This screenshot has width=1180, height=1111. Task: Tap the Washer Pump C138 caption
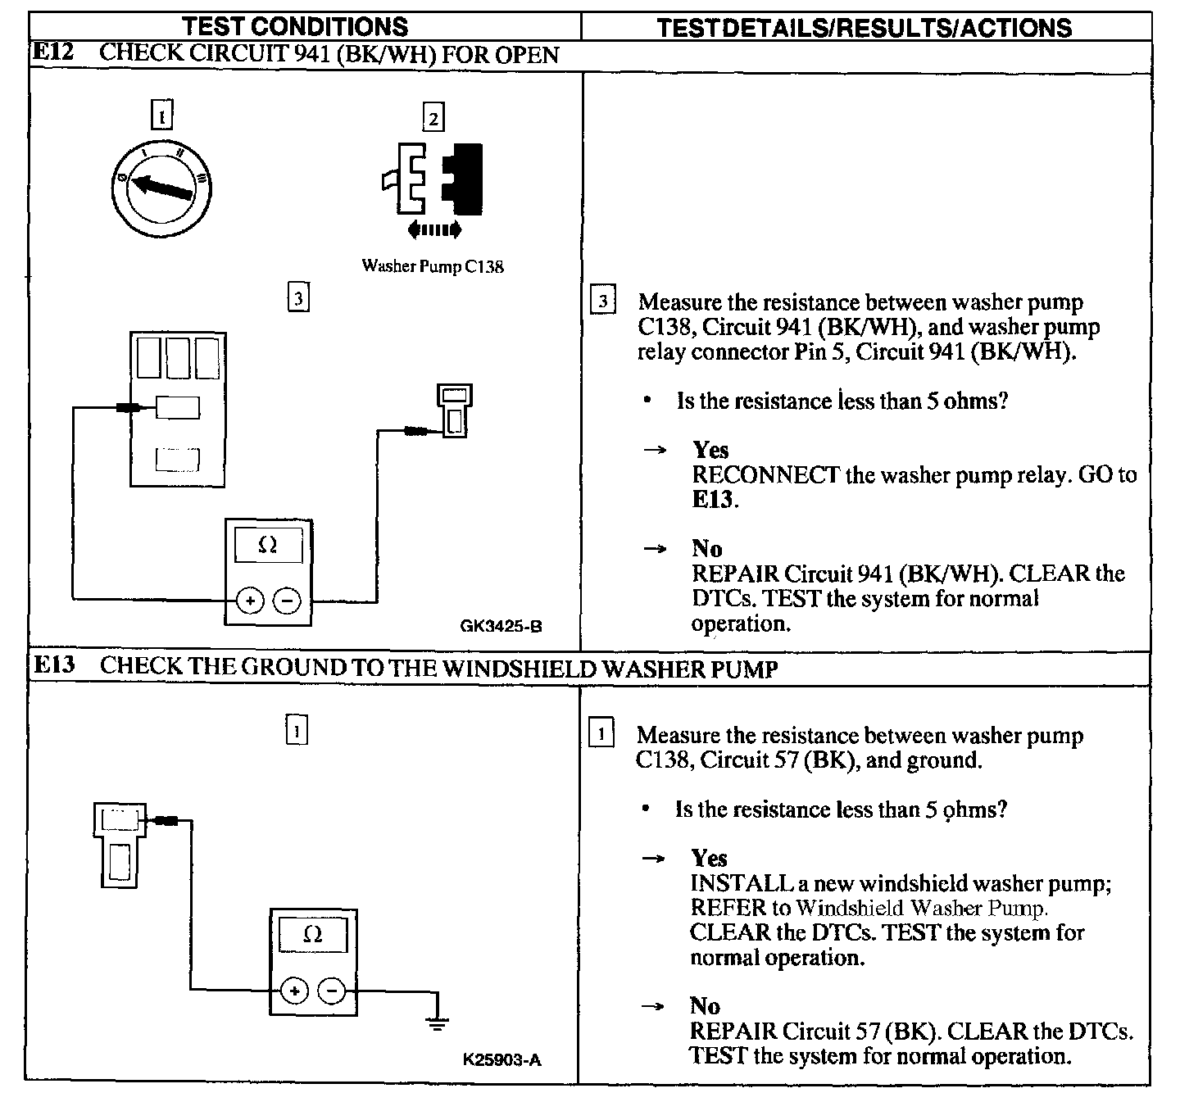coord(433,266)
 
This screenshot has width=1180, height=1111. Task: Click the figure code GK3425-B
coord(501,627)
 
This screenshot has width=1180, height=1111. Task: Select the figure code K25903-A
coord(502,1059)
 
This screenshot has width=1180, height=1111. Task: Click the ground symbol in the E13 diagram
coord(438,1022)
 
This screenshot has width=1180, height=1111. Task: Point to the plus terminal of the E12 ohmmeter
coord(250,601)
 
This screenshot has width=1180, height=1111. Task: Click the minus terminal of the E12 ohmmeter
coord(287,601)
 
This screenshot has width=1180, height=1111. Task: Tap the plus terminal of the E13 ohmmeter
coord(293,991)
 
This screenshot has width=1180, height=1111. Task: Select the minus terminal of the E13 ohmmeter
coord(331,991)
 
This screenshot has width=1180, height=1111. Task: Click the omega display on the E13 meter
coord(312,935)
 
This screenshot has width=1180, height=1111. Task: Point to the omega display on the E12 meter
coord(268,546)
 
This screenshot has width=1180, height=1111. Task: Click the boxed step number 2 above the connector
coord(433,118)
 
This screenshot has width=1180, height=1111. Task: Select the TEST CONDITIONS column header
coord(295,26)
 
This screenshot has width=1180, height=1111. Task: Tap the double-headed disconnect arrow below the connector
coord(434,229)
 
